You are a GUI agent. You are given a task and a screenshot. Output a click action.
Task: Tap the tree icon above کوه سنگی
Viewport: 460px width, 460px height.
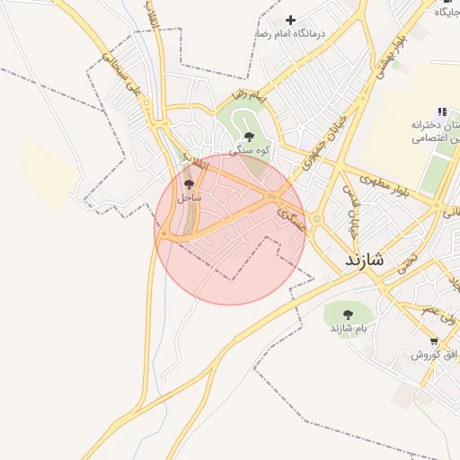pyautogui.click(x=248, y=137)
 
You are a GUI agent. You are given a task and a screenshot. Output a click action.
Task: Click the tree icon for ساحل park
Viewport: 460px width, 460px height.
pyautogui.click(x=188, y=182)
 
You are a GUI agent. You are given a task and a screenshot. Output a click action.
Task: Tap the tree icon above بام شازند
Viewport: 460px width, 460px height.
pyautogui.click(x=348, y=314)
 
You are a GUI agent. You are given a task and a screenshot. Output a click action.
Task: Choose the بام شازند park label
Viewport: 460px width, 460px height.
pyautogui.click(x=349, y=328)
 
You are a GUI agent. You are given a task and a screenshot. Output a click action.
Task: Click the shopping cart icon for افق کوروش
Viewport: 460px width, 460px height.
pyautogui.click(x=435, y=341)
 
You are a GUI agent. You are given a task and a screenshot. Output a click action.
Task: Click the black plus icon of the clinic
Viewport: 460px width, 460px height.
pyautogui.click(x=289, y=20)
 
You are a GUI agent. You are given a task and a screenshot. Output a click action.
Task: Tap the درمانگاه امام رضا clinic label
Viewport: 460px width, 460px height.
pyautogui.click(x=287, y=33)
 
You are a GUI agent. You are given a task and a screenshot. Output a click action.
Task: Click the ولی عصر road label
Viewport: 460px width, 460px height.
pyautogui.click(x=441, y=314)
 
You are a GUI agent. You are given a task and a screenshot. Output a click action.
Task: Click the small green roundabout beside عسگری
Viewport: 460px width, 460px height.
pyautogui.click(x=316, y=219)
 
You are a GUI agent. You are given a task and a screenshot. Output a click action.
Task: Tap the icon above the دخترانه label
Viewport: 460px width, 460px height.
pyautogui.click(x=441, y=111)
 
